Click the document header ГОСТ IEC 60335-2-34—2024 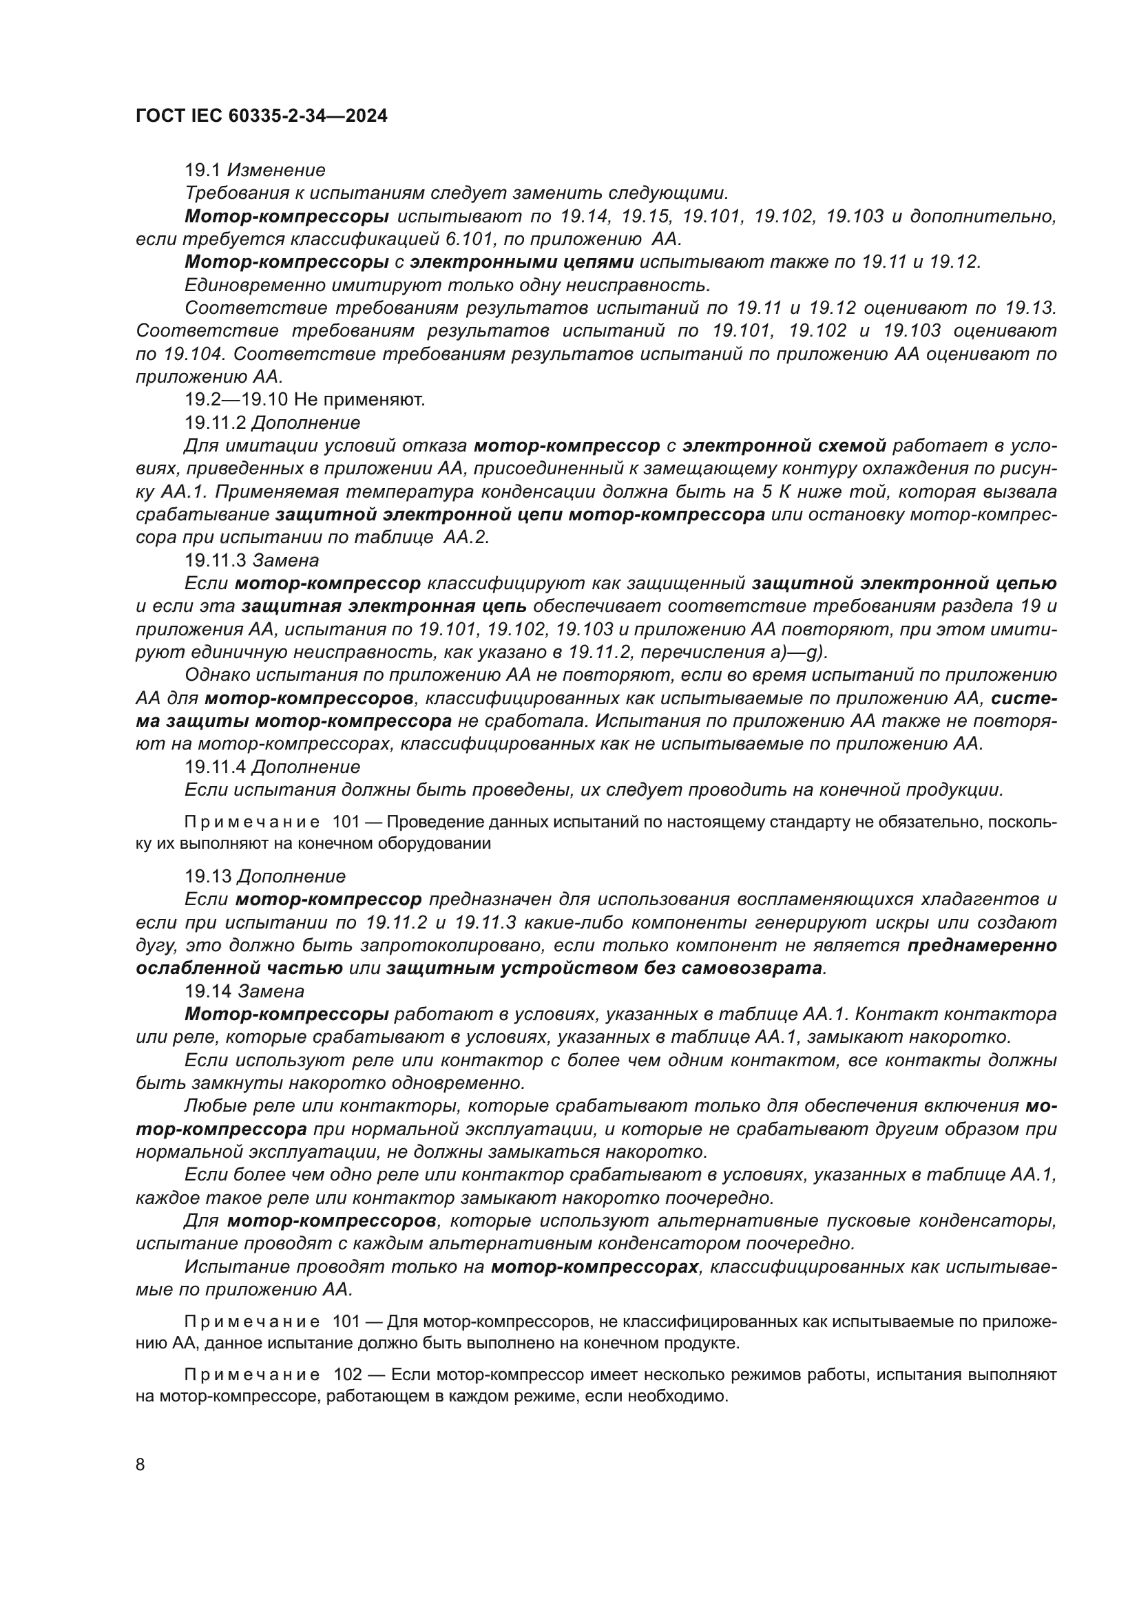(261, 116)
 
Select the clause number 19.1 (202, 171)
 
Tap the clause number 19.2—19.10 (236, 401)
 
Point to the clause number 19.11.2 (215, 423)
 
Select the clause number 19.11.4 (215, 767)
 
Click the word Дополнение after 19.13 (291, 877)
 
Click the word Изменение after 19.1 (276, 171)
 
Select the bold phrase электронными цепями (522, 262)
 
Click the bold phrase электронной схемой (784, 446)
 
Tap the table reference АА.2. (466, 538)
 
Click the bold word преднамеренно (982, 946)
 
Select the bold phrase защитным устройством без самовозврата (604, 969)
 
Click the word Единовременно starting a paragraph (250, 286)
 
